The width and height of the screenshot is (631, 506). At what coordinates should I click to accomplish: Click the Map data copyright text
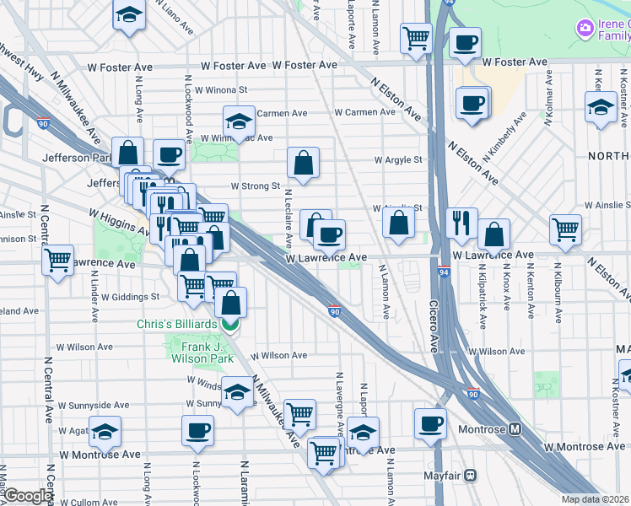click(x=596, y=499)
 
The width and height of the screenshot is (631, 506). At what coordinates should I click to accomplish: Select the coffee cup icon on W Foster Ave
click(x=465, y=43)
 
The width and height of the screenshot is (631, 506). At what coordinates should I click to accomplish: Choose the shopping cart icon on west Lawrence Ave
click(x=58, y=261)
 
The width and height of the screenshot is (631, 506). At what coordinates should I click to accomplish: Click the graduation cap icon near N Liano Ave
click(x=128, y=15)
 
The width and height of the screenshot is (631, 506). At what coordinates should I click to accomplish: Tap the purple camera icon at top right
click(x=584, y=30)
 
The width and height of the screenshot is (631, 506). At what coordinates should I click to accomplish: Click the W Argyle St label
click(x=397, y=159)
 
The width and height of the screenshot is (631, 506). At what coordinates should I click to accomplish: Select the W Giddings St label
click(x=130, y=297)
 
